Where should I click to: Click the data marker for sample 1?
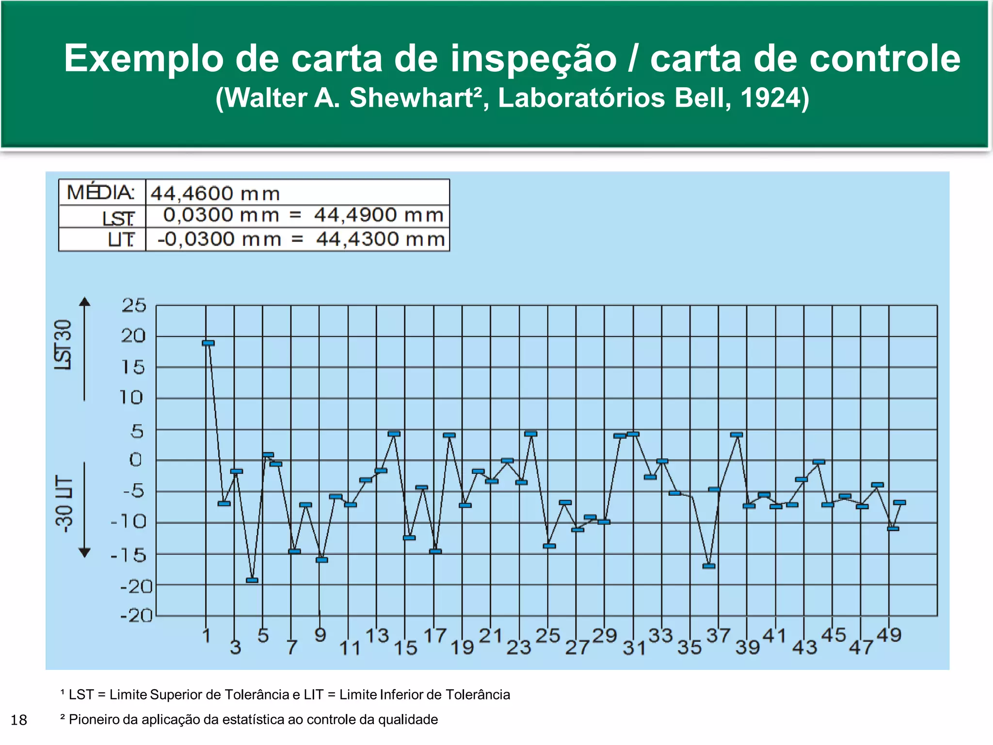coord(208,343)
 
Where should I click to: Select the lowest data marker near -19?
coord(252,580)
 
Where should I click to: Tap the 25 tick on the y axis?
coord(133,305)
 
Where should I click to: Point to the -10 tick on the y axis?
coord(128,522)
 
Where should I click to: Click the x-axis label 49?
coord(889,635)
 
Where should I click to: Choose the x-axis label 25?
coord(548,635)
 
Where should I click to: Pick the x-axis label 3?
coord(235,647)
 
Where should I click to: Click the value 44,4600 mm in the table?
coord(215,194)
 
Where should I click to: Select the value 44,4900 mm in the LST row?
coord(379,215)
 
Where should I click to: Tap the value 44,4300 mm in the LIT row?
coord(381,239)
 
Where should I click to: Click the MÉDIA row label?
coord(100,193)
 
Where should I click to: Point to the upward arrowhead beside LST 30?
coord(85,302)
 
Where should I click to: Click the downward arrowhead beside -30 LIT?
coord(85,552)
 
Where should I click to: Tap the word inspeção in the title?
coord(533,58)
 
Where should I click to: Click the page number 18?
coord(19,720)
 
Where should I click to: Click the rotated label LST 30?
coord(64,345)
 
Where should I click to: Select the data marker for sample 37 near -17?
coord(709,566)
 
